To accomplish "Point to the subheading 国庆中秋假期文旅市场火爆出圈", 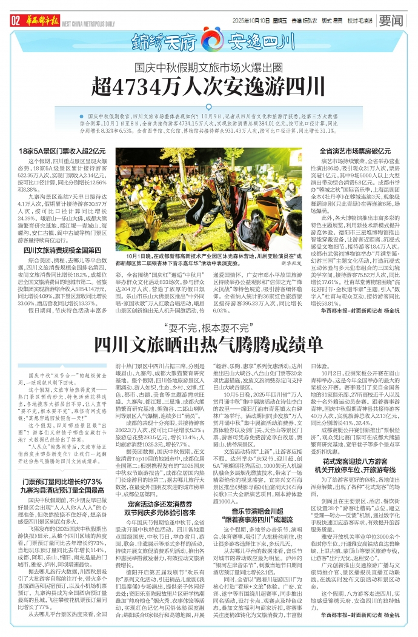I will (208, 67).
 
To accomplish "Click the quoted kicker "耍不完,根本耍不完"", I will (210, 328).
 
